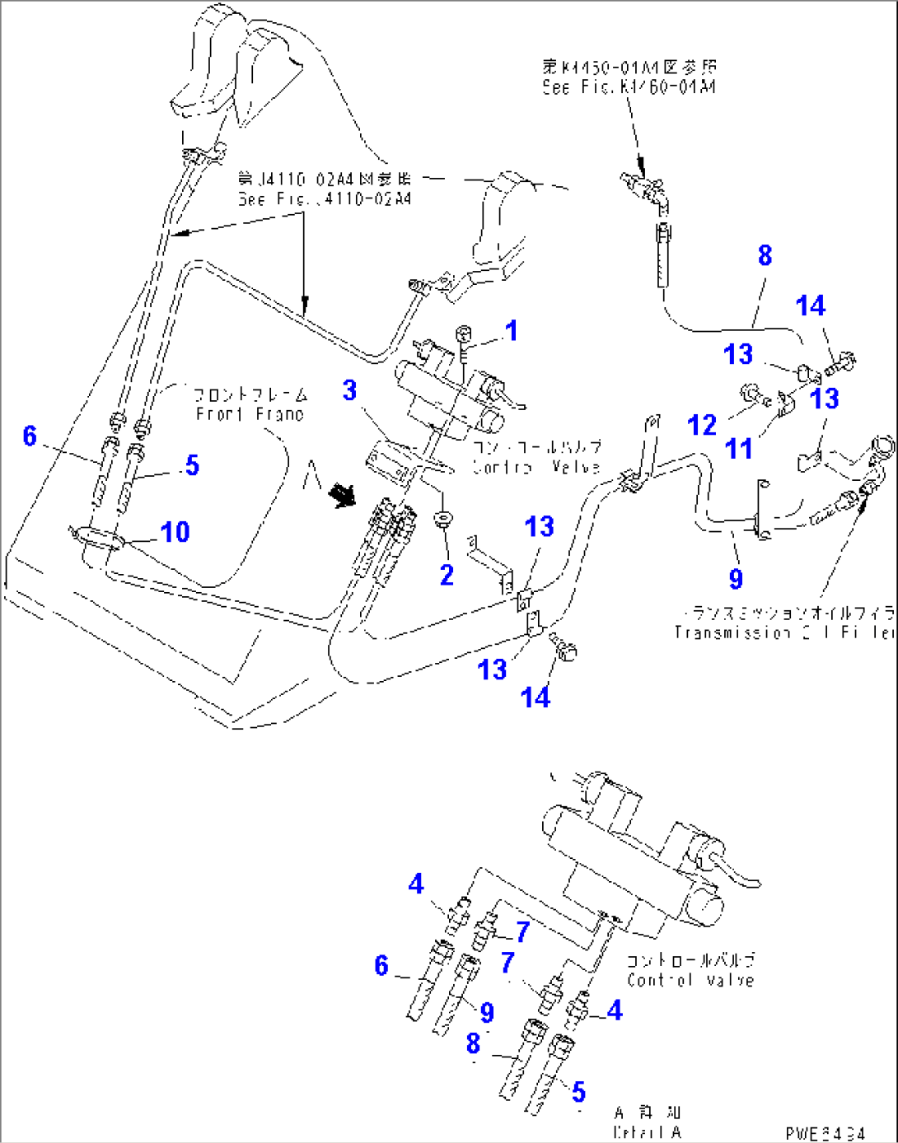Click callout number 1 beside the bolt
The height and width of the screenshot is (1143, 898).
coord(511,331)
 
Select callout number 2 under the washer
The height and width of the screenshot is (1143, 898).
coord(447,575)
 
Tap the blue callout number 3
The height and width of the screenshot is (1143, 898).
coord(350,390)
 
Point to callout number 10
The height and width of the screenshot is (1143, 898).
coord(175,532)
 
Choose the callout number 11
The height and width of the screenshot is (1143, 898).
coord(738,449)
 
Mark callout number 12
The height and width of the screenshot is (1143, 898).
coord(702,425)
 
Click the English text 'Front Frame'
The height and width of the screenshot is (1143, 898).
coord(250,414)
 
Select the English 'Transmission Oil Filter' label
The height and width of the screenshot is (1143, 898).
coord(783,633)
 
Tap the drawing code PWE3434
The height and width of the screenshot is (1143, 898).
coord(825,1134)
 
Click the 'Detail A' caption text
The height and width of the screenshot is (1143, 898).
coord(647,1133)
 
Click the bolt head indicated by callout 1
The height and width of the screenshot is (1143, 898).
coord(463,334)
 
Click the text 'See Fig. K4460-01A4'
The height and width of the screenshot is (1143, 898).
coord(629,87)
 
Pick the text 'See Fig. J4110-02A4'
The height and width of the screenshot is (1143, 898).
coord(325,199)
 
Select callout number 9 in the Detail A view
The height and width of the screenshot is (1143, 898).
coord(487,1012)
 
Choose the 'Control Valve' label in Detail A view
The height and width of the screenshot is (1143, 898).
coord(690,980)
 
